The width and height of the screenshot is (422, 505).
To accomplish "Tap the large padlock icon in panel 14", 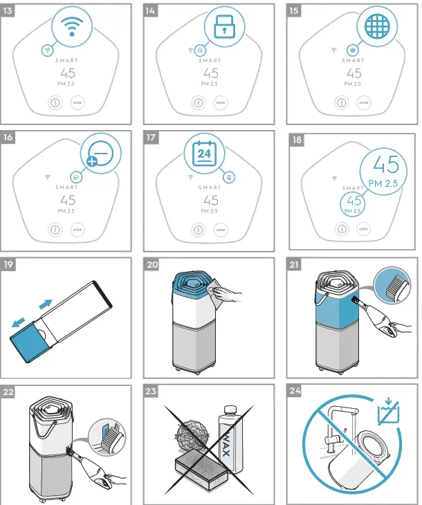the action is coord(220,28).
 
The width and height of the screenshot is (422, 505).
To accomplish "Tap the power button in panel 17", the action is coord(197,229).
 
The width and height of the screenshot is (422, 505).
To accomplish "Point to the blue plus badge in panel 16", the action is coord(91,163).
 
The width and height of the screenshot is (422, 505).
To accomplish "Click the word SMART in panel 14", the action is coord(210,60).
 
